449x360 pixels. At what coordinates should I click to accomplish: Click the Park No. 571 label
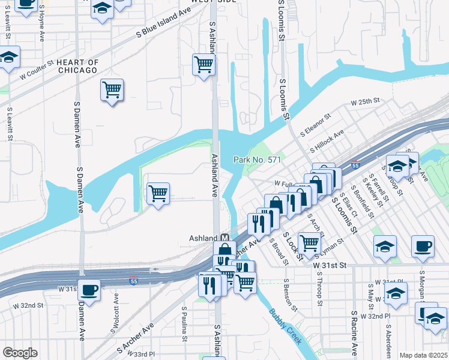point(258,160)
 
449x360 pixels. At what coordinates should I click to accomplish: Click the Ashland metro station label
point(204,237)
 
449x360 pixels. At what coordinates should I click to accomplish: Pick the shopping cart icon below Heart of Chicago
point(112,91)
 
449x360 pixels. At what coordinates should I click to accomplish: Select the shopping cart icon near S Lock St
point(309,243)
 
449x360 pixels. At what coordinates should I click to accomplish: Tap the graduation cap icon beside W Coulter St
point(8,59)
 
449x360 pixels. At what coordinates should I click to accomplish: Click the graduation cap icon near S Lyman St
point(385,247)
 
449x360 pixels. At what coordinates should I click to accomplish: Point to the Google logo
point(20,353)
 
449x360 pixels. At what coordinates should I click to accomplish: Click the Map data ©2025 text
point(423,355)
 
